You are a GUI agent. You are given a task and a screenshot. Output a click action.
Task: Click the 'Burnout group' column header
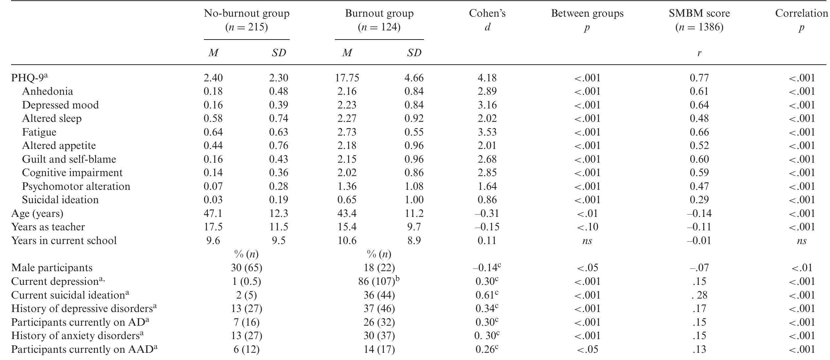(379, 13)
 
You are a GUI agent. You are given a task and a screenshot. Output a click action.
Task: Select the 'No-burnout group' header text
(247, 13)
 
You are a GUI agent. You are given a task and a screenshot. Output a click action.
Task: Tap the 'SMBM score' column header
(699, 13)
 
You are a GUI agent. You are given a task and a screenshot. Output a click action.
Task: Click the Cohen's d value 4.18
(487, 78)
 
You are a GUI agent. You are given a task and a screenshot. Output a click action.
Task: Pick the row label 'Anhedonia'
(47, 91)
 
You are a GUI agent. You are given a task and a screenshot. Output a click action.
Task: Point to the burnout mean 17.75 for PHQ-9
(347, 78)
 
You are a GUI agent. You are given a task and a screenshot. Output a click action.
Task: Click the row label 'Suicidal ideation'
(60, 200)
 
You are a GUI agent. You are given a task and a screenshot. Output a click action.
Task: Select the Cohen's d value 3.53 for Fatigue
(487, 132)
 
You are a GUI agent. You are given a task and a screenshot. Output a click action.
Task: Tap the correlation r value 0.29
(699, 200)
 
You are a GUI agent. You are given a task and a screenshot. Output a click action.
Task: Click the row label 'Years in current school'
(64, 240)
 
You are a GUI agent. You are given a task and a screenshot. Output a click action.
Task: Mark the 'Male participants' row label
(52, 268)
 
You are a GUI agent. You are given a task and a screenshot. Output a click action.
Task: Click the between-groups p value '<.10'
(587, 227)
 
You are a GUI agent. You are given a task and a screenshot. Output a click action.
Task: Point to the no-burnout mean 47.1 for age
(213, 213)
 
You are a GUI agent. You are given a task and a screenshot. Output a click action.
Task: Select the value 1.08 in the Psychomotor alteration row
(414, 186)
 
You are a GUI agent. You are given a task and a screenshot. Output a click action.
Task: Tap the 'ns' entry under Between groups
(587, 241)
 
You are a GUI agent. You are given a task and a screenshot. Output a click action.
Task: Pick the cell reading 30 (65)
(246, 268)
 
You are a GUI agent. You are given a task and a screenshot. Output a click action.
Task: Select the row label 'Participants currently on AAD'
(82, 350)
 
